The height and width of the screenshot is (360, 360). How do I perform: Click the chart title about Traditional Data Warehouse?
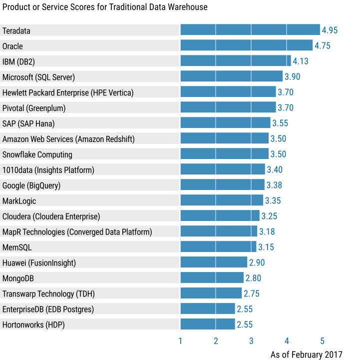coord(105,7)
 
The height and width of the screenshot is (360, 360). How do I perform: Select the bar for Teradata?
coord(250,30)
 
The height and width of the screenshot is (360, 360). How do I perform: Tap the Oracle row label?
coord(12,46)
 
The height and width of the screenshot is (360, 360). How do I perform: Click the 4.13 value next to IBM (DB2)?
coord(301,61)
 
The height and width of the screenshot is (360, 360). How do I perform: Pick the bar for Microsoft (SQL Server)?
coord(231,76)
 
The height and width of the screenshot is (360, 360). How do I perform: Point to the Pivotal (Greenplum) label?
coord(34,108)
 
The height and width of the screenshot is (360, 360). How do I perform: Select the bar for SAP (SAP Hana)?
coord(225,123)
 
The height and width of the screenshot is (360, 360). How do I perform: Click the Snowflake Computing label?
coord(37,154)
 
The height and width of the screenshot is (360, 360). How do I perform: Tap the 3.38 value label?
coord(274,185)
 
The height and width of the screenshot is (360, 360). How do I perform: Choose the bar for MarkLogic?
coord(222,200)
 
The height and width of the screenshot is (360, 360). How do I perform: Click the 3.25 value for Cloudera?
coord(269,216)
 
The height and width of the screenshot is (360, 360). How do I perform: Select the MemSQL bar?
coord(218,247)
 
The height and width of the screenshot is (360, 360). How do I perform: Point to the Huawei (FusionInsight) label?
coord(39,262)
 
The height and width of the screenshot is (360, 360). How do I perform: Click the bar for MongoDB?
coord(212,278)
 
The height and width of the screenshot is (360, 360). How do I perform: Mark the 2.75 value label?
coord(252,293)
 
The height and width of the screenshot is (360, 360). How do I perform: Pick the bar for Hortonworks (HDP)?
coord(207,324)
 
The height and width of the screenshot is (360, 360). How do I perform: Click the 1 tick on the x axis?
coord(180,341)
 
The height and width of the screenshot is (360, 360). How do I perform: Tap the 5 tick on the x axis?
coord(323,341)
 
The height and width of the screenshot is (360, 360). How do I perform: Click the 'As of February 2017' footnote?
coord(307,354)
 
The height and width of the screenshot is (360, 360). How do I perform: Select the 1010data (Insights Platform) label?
coord(48,170)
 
